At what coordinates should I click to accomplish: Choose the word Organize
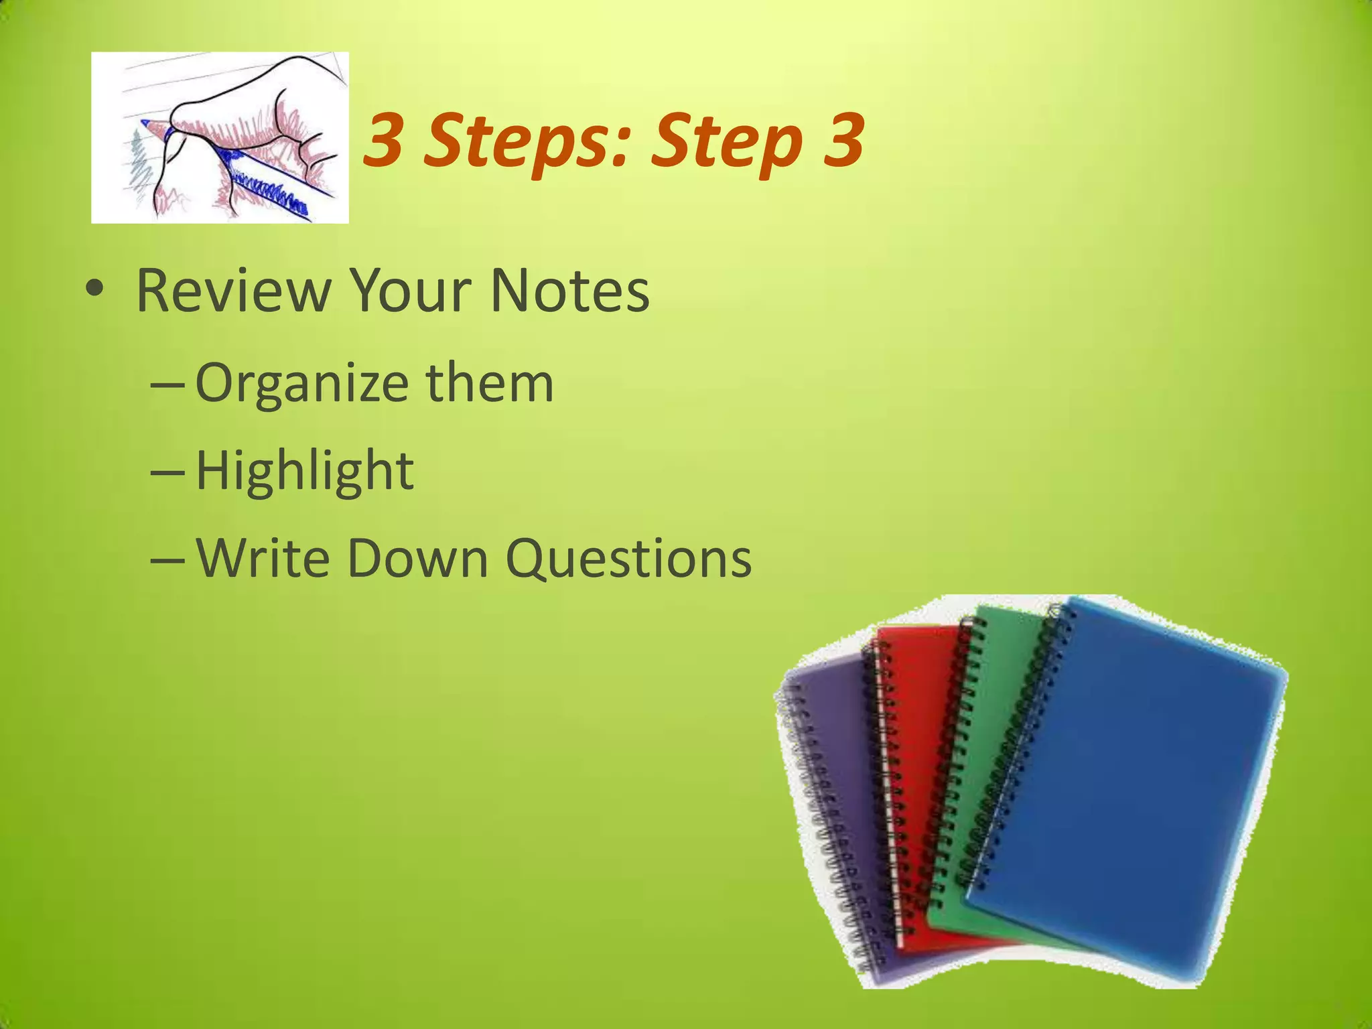point(302,383)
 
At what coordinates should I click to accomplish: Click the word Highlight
point(305,470)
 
